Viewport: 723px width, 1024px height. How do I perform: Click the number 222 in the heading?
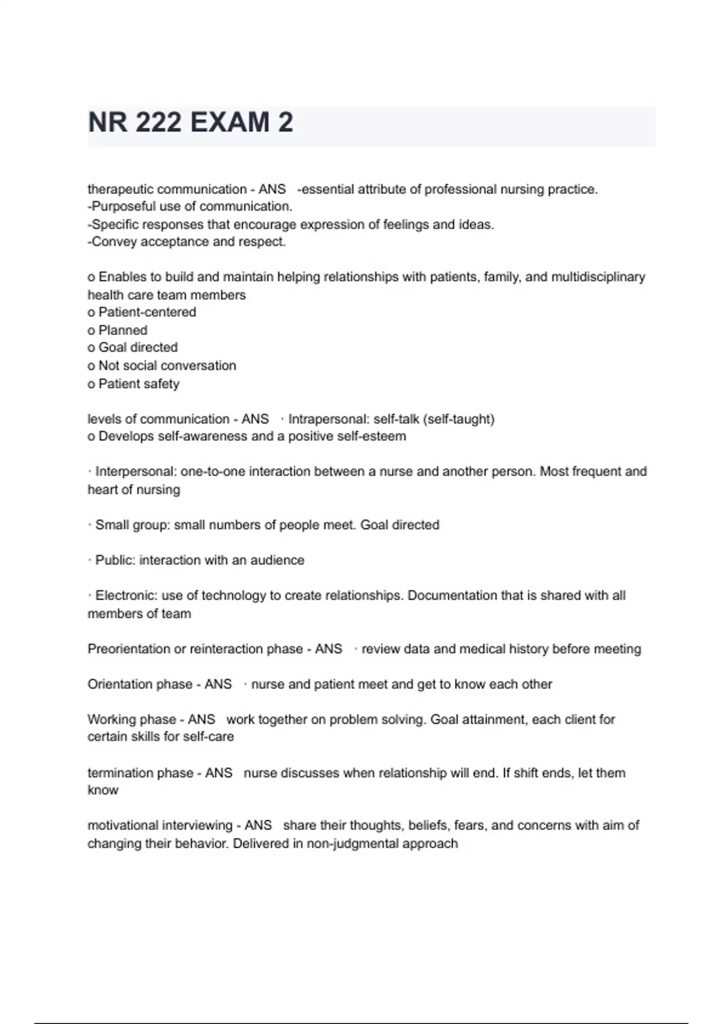pos(158,122)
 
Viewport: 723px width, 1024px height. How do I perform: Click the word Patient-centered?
pos(147,312)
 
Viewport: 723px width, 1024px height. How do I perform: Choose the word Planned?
pos(123,330)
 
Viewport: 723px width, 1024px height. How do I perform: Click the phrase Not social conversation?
pos(167,366)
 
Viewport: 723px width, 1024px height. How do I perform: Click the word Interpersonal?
pos(135,472)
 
